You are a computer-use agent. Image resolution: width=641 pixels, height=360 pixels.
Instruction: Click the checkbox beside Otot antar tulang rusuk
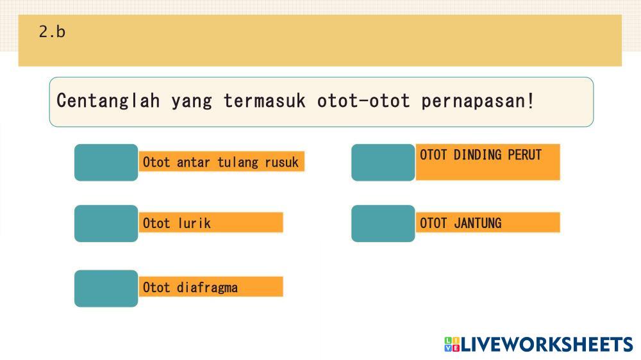pyautogui.click(x=106, y=162)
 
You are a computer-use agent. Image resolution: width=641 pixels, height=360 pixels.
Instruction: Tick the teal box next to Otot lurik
pyautogui.click(x=106, y=224)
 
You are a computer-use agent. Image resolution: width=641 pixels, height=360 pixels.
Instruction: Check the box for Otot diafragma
pyautogui.click(x=106, y=288)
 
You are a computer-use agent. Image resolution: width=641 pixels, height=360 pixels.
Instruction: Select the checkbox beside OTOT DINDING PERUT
pyautogui.click(x=383, y=162)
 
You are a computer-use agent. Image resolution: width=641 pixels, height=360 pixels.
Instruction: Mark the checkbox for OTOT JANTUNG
pyautogui.click(x=383, y=224)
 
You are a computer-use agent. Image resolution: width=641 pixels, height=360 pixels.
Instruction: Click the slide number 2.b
pyautogui.click(x=52, y=32)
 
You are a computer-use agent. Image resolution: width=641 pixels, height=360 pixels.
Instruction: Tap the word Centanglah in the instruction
pyautogui.click(x=108, y=101)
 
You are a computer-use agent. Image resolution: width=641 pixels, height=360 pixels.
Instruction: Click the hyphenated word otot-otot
pyautogui.click(x=363, y=101)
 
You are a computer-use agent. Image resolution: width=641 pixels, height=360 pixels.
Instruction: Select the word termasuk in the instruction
pyautogui.click(x=265, y=101)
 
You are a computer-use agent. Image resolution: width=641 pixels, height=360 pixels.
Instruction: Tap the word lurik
pyautogui.click(x=194, y=223)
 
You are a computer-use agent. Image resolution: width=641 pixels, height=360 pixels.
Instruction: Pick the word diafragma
pyautogui.click(x=207, y=288)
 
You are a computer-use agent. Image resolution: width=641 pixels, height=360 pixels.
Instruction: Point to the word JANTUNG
pyautogui.click(x=478, y=223)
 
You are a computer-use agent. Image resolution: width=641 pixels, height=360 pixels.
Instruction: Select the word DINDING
pyautogui.click(x=478, y=155)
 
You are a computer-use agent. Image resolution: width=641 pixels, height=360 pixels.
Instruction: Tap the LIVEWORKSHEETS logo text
pyautogui.click(x=547, y=345)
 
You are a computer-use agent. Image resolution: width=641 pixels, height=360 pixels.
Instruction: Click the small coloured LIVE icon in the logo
pyautogui.click(x=452, y=345)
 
